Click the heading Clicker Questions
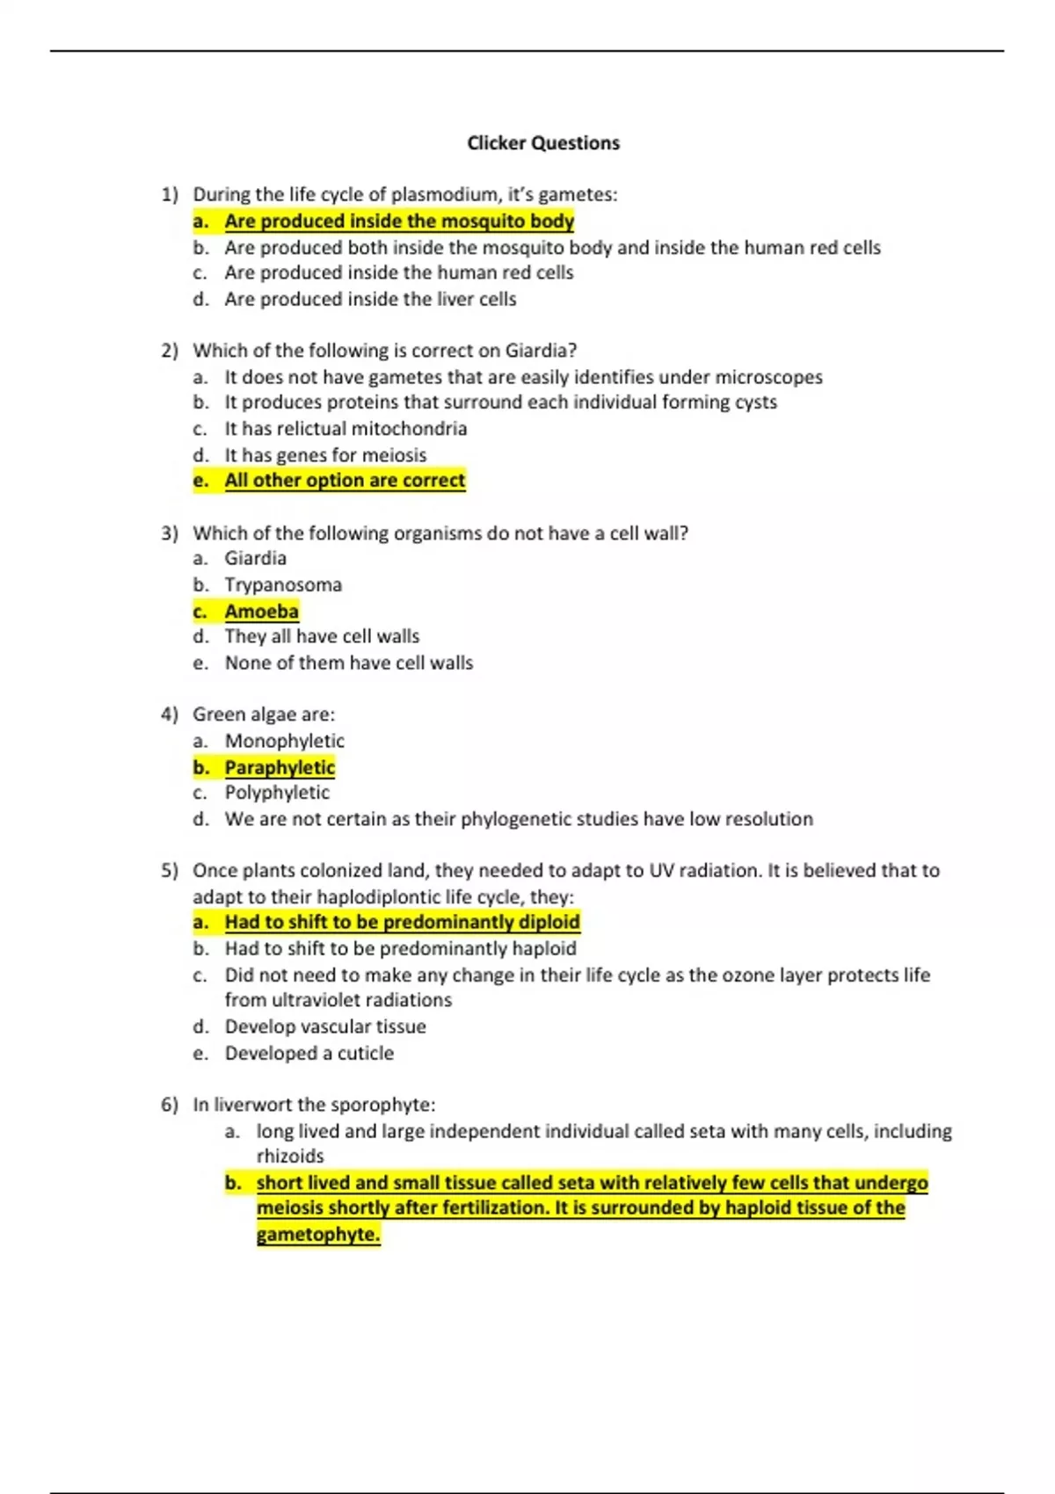click(x=542, y=143)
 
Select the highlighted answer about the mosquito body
click(x=398, y=221)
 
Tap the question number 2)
click(x=170, y=351)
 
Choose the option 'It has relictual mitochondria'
click(x=346, y=429)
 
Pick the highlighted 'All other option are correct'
click(x=345, y=481)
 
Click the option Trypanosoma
click(x=283, y=585)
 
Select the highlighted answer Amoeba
click(x=261, y=612)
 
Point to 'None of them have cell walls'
click(x=348, y=664)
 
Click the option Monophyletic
click(x=284, y=742)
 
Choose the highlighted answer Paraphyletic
click(x=280, y=768)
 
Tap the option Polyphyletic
click(x=277, y=793)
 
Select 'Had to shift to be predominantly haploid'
click(x=400, y=949)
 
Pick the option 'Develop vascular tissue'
click(x=325, y=1027)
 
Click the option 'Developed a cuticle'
click(x=309, y=1054)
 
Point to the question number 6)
click(x=170, y=1105)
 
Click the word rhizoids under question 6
click(x=290, y=1157)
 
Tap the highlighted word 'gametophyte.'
click(x=318, y=1235)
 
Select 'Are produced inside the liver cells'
click(x=370, y=300)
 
